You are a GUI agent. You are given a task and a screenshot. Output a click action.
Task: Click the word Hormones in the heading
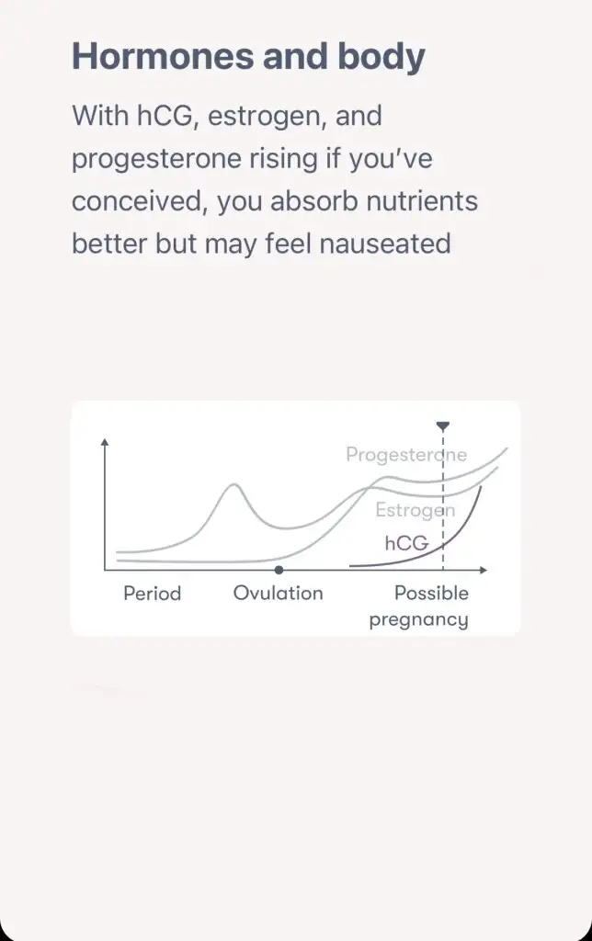163,56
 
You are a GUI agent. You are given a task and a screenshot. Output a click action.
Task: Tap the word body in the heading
381,56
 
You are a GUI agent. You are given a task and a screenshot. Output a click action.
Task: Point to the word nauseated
385,244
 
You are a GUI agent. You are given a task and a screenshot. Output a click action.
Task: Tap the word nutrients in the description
422,201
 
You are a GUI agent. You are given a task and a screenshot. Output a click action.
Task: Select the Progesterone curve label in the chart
406,454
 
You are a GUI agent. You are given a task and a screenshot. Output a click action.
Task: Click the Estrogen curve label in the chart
415,510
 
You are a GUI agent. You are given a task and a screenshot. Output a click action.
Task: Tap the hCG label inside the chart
406,543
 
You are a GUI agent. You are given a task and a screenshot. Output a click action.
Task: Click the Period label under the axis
152,594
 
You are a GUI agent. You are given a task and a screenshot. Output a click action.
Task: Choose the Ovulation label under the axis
278,593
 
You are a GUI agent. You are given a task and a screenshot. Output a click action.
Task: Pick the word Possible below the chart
431,593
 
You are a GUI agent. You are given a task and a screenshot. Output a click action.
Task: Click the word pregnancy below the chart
418,620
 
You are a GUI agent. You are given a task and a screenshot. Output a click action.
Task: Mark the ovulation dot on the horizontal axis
279,570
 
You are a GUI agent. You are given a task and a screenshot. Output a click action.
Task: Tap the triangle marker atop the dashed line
443,426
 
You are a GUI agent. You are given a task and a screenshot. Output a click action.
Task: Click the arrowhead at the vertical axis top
105,442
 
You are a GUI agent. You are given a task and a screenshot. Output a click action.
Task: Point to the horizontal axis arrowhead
484,570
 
